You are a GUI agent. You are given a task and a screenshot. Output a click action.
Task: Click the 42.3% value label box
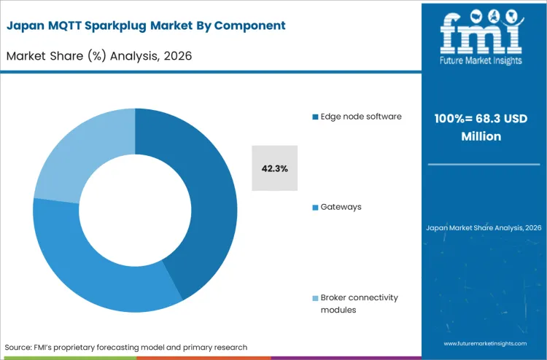click(274, 168)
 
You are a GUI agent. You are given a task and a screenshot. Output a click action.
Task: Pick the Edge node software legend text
click(361, 117)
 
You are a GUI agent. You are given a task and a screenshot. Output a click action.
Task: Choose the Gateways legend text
click(341, 207)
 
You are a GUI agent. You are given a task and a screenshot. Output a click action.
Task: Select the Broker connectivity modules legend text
click(359, 303)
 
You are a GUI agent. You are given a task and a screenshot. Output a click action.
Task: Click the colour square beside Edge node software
click(314, 117)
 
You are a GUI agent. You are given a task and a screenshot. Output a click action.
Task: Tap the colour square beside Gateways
click(314, 207)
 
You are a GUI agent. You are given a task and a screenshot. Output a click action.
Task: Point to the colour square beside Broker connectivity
click(314, 298)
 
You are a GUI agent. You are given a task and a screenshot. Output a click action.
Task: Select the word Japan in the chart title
click(26, 26)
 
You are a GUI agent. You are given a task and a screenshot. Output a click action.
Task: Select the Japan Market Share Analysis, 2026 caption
click(484, 228)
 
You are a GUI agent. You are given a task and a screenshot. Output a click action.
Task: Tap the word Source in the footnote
click(21, 347)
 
